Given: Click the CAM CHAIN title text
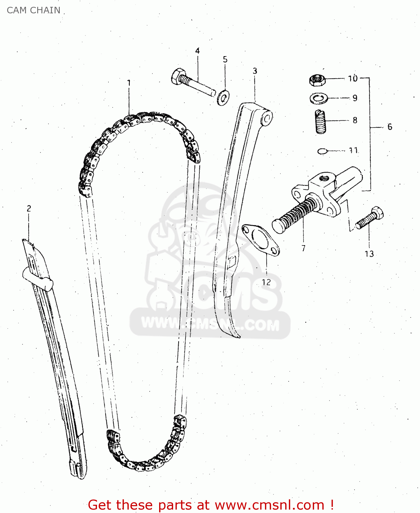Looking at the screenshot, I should (x=33, y=10).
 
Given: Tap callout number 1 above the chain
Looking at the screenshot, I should (x=129, y=83).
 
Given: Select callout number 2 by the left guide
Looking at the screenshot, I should (x=29, y=208).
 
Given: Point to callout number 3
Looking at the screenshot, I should (x=255, y=71).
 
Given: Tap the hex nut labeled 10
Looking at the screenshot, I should (x=317, y=80).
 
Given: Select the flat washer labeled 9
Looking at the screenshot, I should (x=318, y=98).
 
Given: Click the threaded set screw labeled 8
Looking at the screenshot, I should (x=320, y=122).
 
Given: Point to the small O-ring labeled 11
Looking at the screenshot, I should (x=322, y=151).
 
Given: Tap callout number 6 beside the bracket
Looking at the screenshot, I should (x=390, y=127).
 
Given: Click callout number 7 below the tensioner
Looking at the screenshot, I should (x=303, y=248).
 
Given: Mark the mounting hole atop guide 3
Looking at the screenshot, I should (x=267, y=119).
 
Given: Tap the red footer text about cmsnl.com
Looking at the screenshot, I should (x=211, y=505).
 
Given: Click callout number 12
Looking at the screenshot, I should (x=266, y=282).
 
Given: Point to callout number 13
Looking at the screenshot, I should (x=369, y=254).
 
